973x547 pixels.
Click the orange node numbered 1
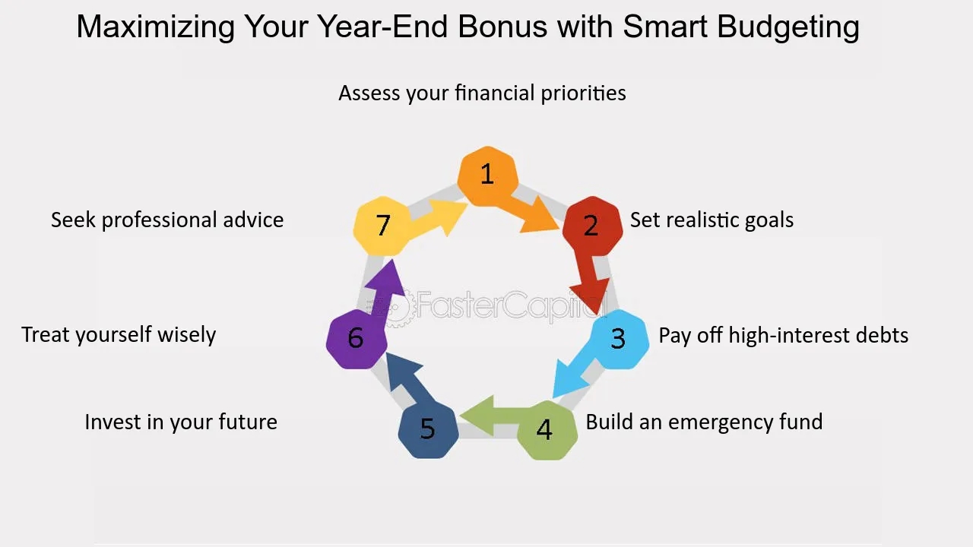coord(487,175)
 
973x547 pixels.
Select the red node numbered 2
coord(592,226)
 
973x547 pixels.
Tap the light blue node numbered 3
coord(619,339)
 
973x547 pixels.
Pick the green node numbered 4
coord(547,430)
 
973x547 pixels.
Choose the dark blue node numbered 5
coord(428,429)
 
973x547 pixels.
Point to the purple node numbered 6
coord(357,339)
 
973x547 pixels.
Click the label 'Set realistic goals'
coord(712,220)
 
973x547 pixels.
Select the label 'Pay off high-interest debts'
coord(783,335)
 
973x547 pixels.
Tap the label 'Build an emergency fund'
coord(704,422)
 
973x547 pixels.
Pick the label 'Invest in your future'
coord(181,422)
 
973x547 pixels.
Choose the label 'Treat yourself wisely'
coord(119,335)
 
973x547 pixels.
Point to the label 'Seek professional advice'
coord(167,220)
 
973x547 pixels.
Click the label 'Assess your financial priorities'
coord(482,93)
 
